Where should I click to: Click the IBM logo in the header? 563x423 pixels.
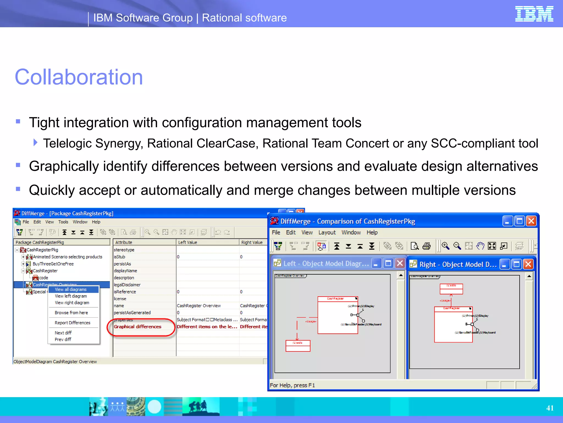click(534, 14)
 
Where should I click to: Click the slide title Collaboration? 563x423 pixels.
click(79, 77)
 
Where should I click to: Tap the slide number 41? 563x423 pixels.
click(550, 408)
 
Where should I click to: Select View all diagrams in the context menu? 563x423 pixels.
click(71, 289)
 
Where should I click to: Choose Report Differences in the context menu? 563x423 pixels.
click(72, 323)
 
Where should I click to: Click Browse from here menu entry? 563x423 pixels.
click(71, 313)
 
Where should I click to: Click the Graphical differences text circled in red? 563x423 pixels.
click(137, 327)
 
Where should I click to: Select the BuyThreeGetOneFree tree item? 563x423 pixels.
click(53, 264)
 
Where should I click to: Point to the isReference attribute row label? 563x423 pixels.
click(125, 292)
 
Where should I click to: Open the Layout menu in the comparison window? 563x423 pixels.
click(327, 232)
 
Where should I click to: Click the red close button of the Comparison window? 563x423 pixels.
click(531, 221)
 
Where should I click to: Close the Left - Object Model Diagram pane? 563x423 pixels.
click(400, 264)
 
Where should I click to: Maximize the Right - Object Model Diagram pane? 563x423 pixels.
click(517, 264)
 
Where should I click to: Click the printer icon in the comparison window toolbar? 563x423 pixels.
click(426, 246)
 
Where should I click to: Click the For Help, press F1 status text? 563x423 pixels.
click(292, 385)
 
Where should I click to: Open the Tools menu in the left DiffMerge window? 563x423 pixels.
click(63, 222)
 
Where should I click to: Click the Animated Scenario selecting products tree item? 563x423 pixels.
click(67, 257)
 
